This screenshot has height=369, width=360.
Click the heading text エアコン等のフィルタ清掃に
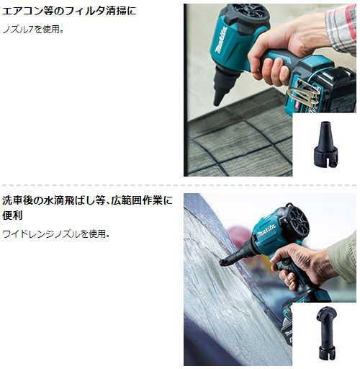pos(69,12)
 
